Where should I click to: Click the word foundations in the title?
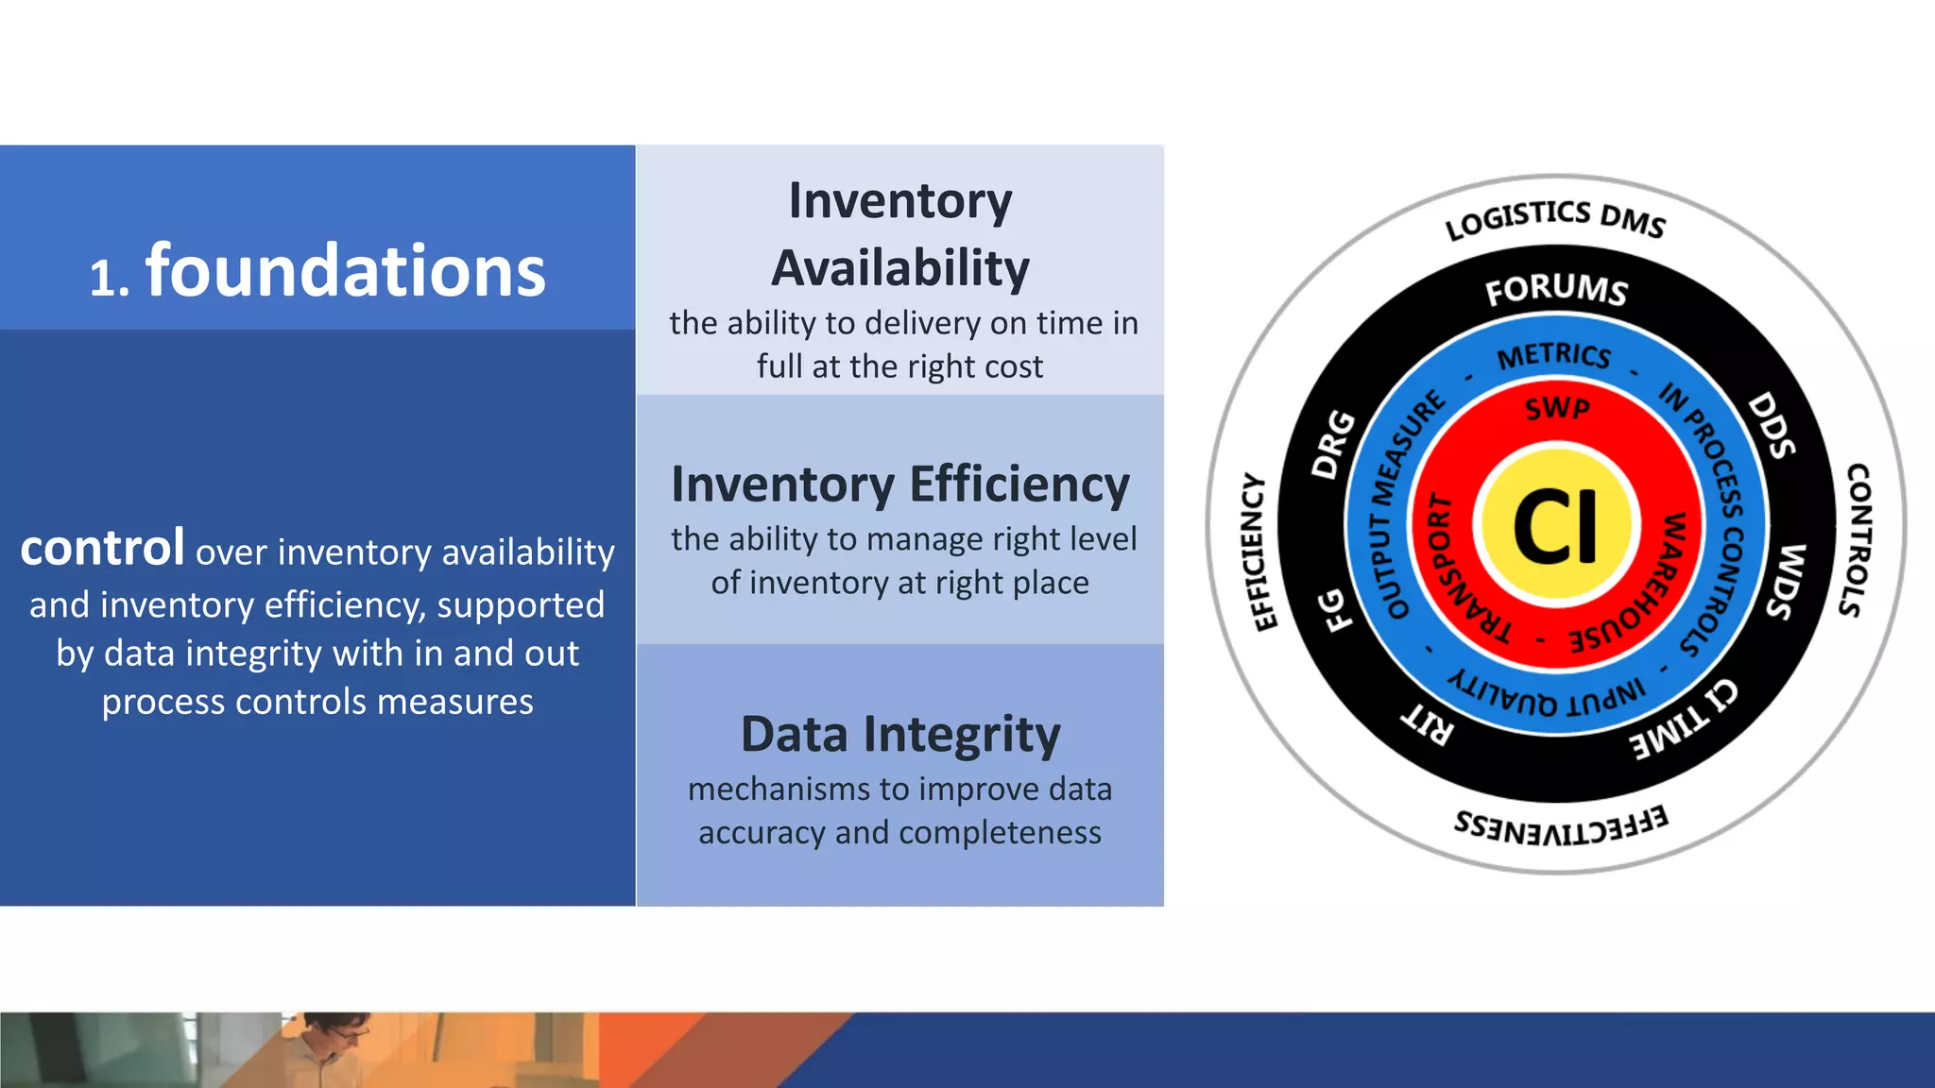tap(345, 271)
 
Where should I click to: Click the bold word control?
tap(102, 549)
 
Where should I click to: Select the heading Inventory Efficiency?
tap(899, 484)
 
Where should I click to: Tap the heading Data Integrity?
tap(899, 735)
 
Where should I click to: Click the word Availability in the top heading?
tap(899, 268)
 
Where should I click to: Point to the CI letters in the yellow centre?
tap(1555, 526)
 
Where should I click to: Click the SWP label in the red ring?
tap(1557, 408)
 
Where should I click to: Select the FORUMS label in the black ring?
tap(1556, 289)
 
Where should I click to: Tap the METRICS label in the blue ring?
tap(1554, 355)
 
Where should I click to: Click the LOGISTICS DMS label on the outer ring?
tap(1555, 218)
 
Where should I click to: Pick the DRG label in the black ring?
tap(1333, 444)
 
